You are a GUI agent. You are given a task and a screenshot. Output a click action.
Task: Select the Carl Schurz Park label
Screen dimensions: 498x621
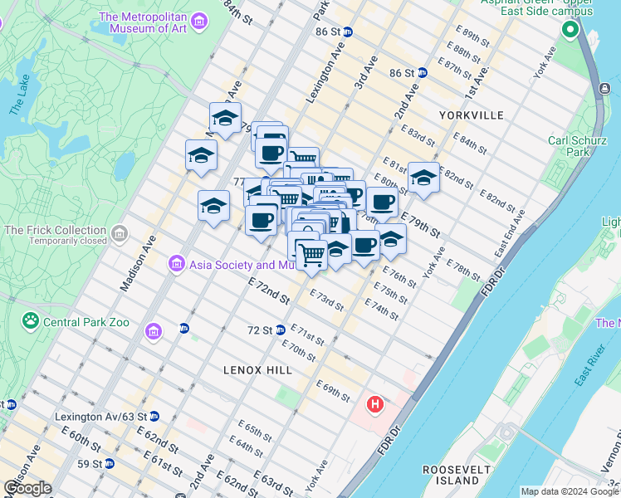(580, 146)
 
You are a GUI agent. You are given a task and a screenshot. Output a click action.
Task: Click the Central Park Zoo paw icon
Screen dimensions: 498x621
(31, 320)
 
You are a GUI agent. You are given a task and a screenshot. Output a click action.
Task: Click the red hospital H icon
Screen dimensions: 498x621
(375, 406)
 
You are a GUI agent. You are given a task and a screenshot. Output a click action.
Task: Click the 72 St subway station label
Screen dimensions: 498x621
(260, 330)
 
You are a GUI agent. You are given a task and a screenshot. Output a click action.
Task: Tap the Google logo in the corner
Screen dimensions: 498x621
(28, 488)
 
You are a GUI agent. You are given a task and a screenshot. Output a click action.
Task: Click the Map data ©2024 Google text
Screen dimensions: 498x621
(569, 491)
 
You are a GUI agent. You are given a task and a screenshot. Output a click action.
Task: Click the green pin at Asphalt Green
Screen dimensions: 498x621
(570, 31)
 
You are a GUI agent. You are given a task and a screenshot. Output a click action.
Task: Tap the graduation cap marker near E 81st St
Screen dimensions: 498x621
(423, 178)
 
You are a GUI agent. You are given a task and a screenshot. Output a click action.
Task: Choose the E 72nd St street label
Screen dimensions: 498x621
(268, 291)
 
